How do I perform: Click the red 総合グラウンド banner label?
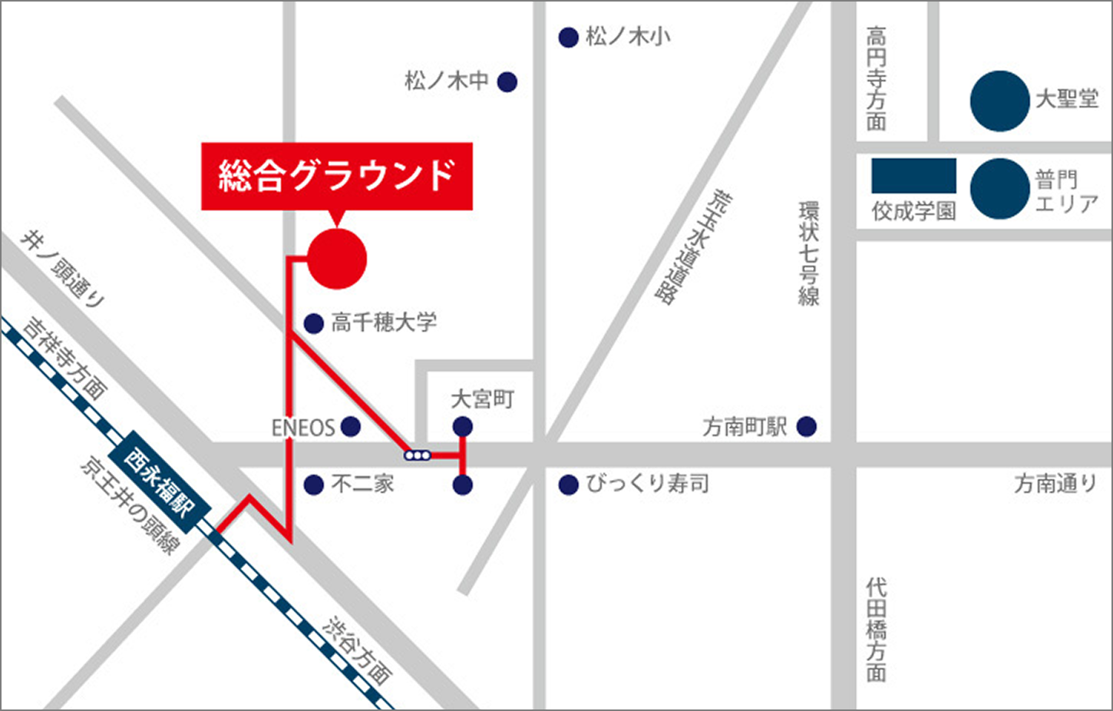336,176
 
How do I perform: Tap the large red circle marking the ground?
337,260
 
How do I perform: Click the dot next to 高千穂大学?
313,324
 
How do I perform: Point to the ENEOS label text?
303,428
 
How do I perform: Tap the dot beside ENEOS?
350,427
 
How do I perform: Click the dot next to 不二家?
313,485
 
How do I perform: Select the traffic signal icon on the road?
417,455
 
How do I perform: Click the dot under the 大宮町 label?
462,425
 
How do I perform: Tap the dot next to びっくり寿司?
568,485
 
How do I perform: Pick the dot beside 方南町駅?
806,427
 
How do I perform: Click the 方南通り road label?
1055,484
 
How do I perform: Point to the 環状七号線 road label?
808,253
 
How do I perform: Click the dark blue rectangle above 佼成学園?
913,176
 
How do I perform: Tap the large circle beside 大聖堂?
999,101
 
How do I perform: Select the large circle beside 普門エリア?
999,189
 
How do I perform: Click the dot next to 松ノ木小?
568,38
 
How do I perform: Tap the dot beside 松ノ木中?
507,82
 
